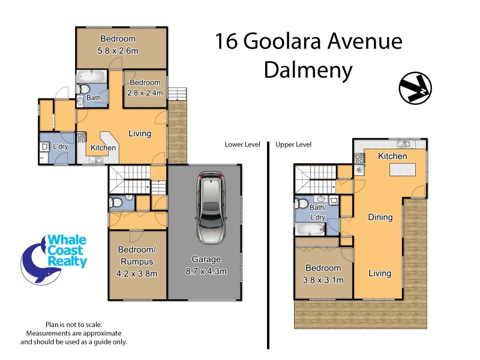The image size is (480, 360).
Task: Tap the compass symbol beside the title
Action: (415, 88)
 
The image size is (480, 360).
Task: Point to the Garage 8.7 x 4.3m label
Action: (206, 265)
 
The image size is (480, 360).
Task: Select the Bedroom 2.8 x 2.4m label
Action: (145, 88)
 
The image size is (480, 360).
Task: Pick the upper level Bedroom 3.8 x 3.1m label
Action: (323, 273)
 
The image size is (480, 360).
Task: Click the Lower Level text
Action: (242, 145)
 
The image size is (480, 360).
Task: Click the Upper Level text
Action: (293, 145)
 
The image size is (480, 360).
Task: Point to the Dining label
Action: (380, 217)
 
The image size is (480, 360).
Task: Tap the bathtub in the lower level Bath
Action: (91, 77)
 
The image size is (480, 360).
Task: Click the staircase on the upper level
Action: (314, 179)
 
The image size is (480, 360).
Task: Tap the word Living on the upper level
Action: (380, 273)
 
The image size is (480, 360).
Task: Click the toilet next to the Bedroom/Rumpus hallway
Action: (118, 203)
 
